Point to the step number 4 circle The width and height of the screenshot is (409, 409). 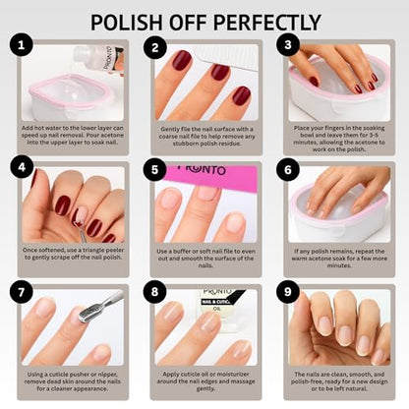(x=22, y=169)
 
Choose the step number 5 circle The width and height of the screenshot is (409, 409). (x=154, y=169)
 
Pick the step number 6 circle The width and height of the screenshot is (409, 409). (x=287, y=169)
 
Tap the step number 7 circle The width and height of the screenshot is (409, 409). (x=22, y=292)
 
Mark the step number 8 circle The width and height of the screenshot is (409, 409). (x=154, y=292)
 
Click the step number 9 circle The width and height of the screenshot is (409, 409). (x=287, y=292)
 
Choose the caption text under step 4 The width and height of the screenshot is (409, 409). (x=69, y=259)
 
